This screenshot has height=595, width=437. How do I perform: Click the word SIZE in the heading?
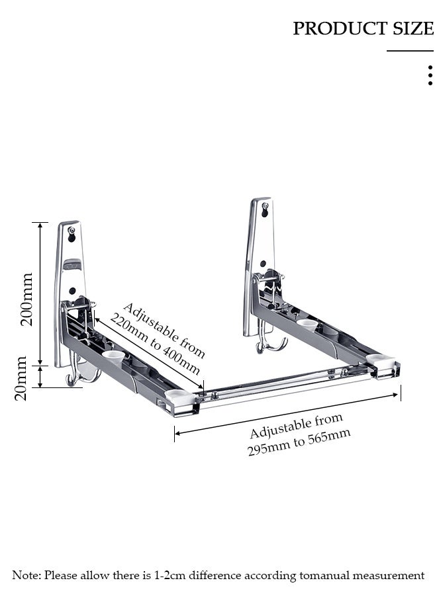point(412,29)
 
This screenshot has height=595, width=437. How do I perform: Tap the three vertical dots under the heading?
point(430,75)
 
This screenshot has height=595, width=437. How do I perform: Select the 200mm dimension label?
point(26,299)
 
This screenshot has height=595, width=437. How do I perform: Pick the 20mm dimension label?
point(21,378)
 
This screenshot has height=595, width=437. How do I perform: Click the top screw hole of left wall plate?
point(72,232)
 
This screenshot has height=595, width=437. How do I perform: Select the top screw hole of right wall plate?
point(265,207)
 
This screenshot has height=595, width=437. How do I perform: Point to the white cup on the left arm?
point(114,357)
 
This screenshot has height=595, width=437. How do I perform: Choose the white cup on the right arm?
point(307,324)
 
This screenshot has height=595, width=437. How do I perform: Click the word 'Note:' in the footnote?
point(26,576)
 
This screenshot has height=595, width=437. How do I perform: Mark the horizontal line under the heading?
point(410,51)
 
